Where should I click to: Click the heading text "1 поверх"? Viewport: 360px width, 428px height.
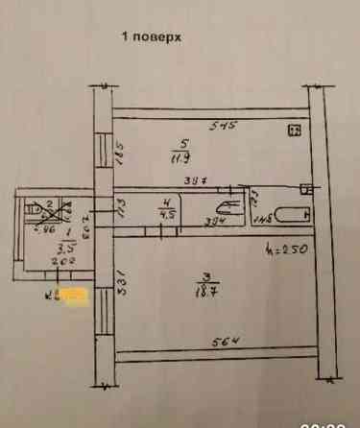151,37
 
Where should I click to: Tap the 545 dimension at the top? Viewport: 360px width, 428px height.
224,125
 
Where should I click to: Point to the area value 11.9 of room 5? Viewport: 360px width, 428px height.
180,158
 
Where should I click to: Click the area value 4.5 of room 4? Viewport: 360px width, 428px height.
166,215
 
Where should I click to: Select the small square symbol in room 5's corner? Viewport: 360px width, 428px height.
295,131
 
